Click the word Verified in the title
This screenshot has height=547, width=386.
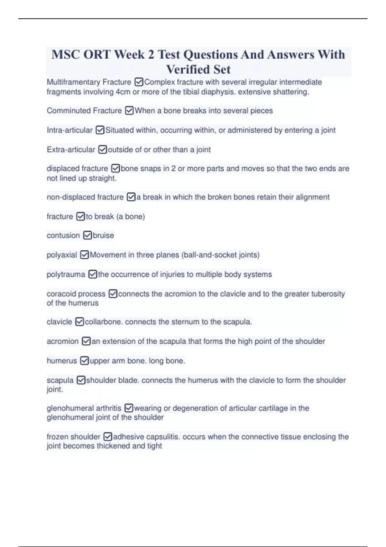tap(185, 70)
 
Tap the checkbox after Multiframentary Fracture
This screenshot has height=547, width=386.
tap(139, 82)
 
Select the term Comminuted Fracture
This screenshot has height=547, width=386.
tap(84, 111)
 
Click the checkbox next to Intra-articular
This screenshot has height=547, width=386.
tap(100, 130)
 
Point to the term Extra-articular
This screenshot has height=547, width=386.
tap(71, 150)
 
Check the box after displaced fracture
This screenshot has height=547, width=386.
tap(115, 169)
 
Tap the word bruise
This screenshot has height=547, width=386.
tap(103, 236)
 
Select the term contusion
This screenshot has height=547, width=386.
tap(63, 236)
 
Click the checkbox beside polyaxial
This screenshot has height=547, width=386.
tap(84, 255)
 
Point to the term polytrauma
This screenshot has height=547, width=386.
tap(66, 274)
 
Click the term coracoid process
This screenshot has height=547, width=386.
tap(76, 294)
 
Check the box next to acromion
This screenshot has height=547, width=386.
tap(86, 341)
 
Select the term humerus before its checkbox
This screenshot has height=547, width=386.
tap(62, 361)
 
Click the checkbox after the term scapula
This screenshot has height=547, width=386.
tap(81, 380)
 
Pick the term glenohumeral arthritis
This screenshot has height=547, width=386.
tap(84, 408)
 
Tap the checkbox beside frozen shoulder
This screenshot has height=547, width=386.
tap(108, 437)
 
